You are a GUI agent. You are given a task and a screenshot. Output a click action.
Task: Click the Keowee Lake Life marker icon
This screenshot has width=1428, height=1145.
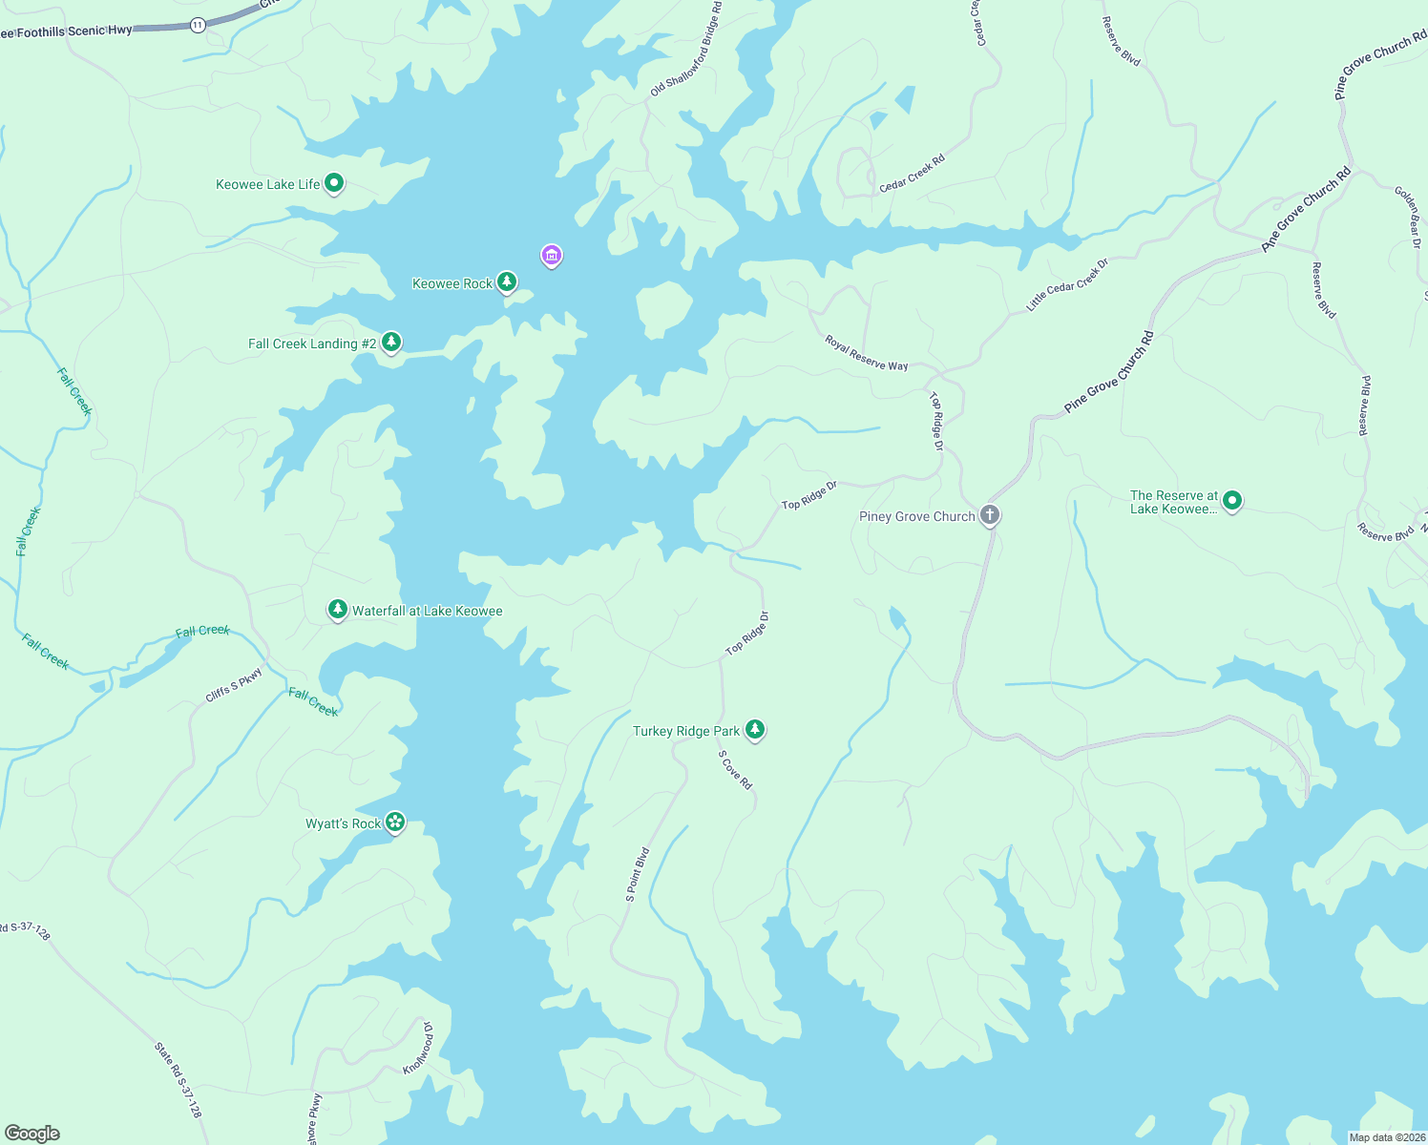(334, 182)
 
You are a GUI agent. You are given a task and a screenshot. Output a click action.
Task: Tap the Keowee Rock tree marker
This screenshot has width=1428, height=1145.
(507, 281)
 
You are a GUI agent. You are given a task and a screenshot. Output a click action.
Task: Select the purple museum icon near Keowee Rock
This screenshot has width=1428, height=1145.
(551, 255)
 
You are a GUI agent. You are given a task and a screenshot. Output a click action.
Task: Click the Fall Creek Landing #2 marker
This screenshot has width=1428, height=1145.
(390, 342)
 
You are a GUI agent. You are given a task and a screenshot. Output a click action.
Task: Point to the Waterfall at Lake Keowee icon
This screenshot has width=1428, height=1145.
(337, 609)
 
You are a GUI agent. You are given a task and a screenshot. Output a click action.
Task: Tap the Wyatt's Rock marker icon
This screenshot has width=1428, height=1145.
(395, 822)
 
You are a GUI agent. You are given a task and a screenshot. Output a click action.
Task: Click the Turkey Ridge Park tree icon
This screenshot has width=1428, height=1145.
(755, 729)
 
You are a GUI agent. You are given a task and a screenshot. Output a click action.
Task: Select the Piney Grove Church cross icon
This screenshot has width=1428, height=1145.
(990, 515)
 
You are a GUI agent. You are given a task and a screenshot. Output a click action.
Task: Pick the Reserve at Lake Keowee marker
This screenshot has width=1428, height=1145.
(1232, 500)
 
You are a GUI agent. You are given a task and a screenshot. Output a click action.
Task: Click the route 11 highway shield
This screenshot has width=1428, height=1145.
(198, 25)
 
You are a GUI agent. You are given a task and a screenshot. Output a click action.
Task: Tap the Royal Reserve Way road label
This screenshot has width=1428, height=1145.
(867, 353)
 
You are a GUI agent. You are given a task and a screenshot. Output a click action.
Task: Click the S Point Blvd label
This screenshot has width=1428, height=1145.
(638, 874)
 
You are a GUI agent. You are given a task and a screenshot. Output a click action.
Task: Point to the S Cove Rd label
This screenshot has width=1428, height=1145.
(736, 770)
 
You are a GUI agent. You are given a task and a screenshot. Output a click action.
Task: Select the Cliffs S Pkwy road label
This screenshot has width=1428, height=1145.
(234, 686)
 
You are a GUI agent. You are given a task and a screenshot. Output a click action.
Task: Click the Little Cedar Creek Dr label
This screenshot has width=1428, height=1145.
(1067, 284)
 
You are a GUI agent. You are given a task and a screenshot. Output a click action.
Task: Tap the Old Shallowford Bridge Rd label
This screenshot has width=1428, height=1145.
(686, 50)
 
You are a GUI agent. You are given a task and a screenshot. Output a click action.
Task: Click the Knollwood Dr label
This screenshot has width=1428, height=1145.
(418, 1048)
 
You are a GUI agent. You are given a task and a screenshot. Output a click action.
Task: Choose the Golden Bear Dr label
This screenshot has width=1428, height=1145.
(1408, 218)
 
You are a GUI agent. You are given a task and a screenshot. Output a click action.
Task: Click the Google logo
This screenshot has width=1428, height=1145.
(31, 1134)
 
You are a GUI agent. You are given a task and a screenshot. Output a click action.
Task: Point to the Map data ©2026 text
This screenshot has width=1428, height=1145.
(1387, 1137)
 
